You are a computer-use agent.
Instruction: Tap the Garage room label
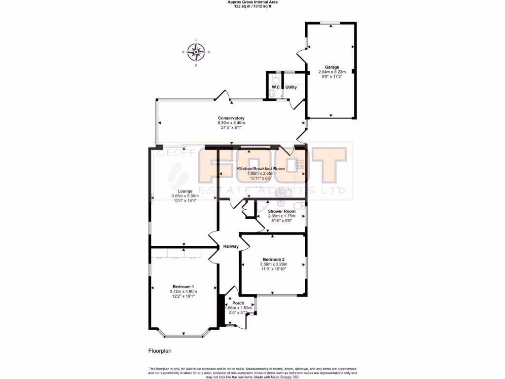pyautogui.click(x=331, y=67)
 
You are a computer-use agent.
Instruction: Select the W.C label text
pyautogui.click(x=275, y=87)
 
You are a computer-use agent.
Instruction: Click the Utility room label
pyautogui.click(x=291, y=87)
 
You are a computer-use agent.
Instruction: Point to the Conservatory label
pyautogui.click(x=231, y=118)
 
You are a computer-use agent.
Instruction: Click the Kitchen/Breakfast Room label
pyautogui.click(x=261, y=169)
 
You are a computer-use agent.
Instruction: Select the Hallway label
pyautogui.click(x=231, y=246)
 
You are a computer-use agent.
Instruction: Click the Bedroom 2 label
pyautogui.click(x=273, y=260)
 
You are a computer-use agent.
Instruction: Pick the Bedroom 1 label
pyautogui.click(x=183, y=287)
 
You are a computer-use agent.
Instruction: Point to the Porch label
pyautogui.click(x=238, y=303)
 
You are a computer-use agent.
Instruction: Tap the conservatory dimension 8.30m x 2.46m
pyautogui.click(x=231, y=123)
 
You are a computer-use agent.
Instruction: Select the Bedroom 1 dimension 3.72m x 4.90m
pyautogui.click(x=183, y=292)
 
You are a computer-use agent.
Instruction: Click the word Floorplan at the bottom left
pyautogui.click(x=159, y=351)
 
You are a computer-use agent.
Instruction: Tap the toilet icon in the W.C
pyautogui.click(x=276, y=79)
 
